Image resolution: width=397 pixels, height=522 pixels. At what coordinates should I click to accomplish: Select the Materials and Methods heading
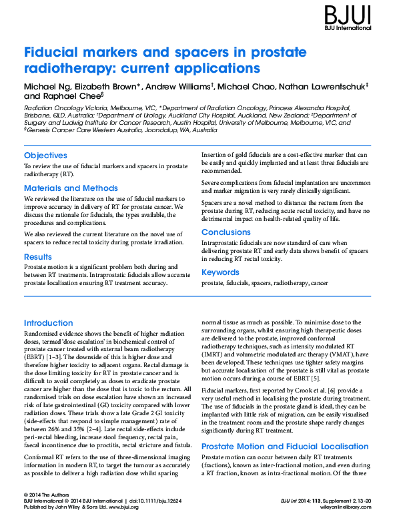tap(71, 188)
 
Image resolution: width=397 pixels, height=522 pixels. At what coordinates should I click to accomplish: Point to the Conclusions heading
tap(226, 232)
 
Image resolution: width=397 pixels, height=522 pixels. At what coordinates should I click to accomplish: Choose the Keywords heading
tap(220, 272)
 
